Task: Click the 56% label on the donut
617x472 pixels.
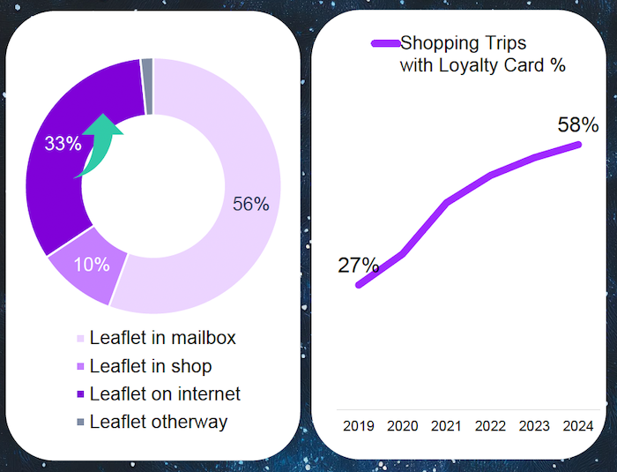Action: coord(250,204)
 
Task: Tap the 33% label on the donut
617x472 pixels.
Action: coord(63,143)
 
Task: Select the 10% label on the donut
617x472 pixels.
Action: coord(92,264)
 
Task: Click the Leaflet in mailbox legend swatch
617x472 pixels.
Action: coord(80,339)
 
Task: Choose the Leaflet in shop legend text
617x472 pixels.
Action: coord(151,365)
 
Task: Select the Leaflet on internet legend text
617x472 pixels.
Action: coord(165,393)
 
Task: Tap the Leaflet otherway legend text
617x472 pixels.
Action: coord(159,422)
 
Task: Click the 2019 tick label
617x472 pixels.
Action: coord(359,426)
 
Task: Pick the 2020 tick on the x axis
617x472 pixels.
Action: coord(403,426)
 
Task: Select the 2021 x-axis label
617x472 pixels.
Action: coord(447,426)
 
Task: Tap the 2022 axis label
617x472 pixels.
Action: coord(491,426)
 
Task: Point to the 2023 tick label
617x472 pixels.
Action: coord(535,426)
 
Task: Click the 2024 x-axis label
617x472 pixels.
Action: coord(579,426)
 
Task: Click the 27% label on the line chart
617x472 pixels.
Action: coord(359,265)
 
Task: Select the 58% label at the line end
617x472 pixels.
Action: coord(579,124)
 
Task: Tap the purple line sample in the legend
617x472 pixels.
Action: coord(385,43)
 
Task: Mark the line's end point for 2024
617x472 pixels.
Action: coord(579,145)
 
